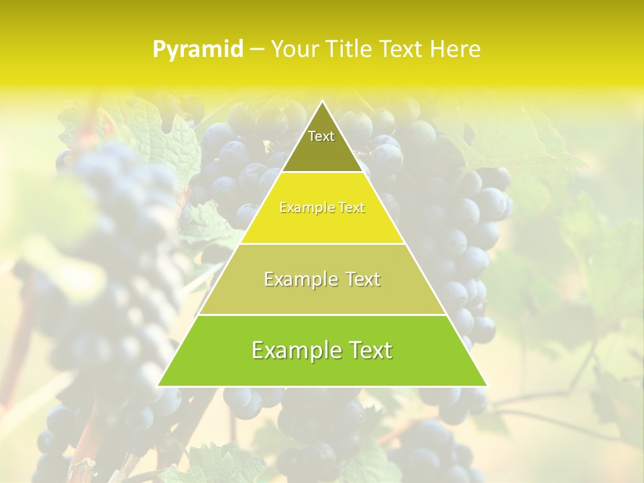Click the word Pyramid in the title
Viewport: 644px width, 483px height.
[197, 50]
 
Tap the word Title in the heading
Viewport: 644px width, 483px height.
[350, 49]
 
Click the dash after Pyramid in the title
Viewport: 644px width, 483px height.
[256, 50]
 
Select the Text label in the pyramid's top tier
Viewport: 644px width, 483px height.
[321, 136]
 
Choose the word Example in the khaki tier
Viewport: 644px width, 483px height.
[299, 280]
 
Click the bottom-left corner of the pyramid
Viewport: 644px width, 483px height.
[158, 386]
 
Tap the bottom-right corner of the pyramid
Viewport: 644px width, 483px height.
[486, 386]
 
